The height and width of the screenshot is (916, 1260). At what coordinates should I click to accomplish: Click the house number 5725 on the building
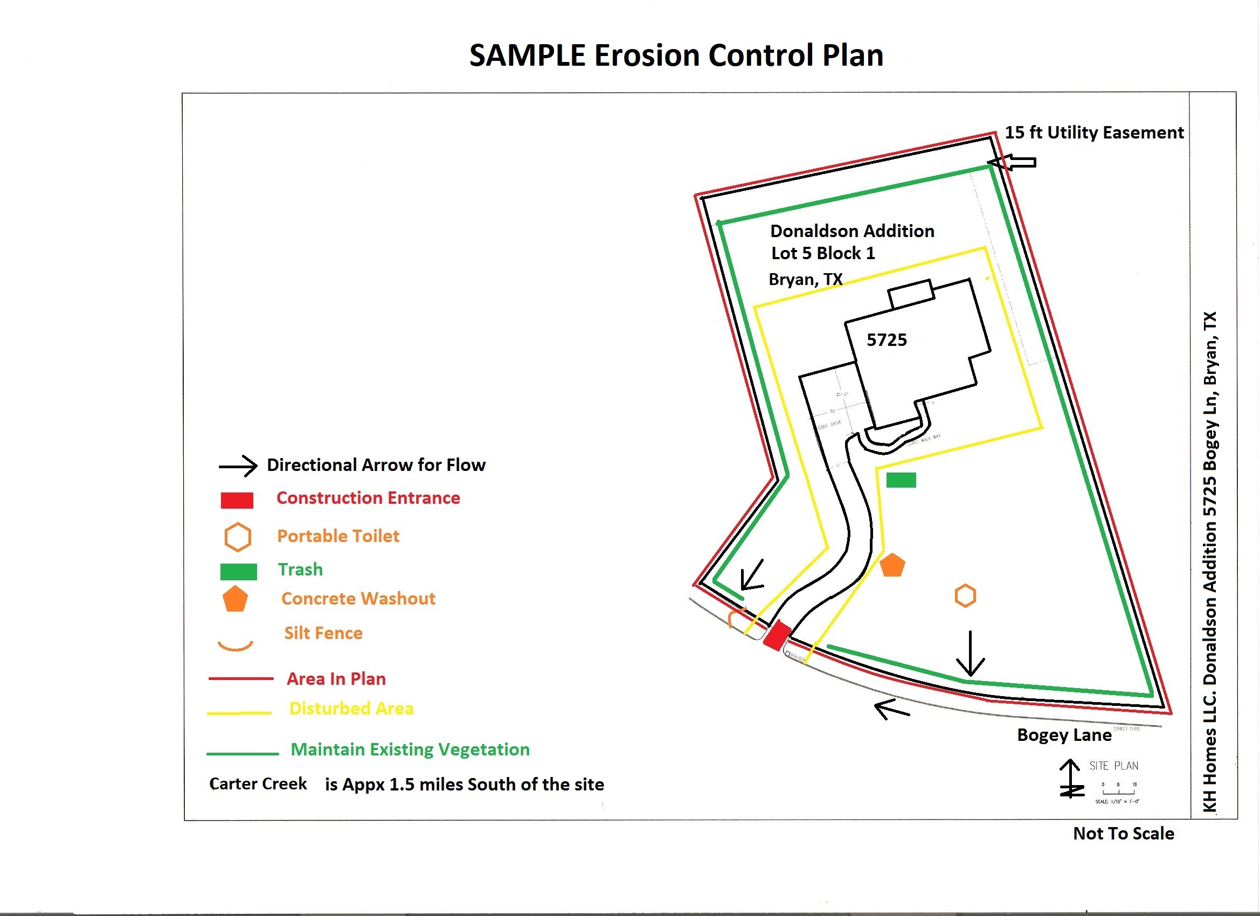point(887,340)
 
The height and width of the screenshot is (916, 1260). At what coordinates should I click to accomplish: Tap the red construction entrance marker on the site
point(777,635)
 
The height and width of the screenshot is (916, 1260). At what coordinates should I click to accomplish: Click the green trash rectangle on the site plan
point(901,480)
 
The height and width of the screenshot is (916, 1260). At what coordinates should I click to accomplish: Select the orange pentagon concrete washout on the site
point(892,565)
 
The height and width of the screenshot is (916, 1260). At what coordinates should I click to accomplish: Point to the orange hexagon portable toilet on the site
point(965,596)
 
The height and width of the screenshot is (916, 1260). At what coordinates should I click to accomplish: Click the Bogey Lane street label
point(1064,735)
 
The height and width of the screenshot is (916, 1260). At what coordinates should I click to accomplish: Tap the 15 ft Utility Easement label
point(1094,133)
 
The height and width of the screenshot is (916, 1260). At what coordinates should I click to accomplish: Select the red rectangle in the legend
point(237,501)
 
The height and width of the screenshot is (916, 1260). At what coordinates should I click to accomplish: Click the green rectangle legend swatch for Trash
point(238,572)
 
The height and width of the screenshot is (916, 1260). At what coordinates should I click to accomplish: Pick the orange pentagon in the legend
point(235,599)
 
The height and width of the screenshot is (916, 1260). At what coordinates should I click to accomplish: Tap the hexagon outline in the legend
point(237,537)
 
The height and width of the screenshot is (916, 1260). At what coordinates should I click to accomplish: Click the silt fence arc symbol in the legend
point(235,646)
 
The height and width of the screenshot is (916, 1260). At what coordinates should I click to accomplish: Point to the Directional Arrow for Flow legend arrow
point(238,466)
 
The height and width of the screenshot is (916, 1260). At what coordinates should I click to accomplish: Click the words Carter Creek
point(258,784)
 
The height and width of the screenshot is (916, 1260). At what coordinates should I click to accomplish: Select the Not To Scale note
point(1123,833)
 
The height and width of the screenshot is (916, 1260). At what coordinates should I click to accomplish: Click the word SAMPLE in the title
point(527,55)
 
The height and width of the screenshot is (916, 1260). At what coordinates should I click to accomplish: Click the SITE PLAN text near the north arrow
point(1113,766)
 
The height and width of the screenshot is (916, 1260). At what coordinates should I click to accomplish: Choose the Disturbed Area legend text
point(351,709)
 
